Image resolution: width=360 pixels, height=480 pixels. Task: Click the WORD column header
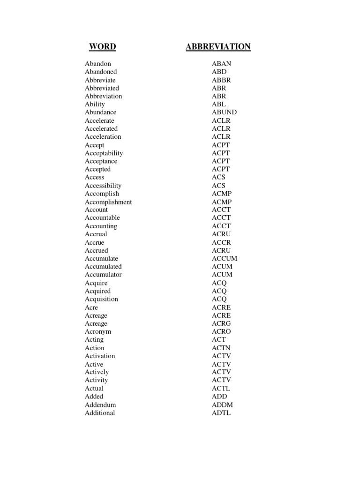point(102,46)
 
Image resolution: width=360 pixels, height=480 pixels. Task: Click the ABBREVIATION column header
point(218,46)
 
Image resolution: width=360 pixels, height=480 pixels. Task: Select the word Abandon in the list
point(98,64)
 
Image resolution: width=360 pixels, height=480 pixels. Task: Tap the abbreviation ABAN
point(221,64)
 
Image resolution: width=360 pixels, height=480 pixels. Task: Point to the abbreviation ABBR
point(221,80)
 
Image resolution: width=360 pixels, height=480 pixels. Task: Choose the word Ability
point(95,104)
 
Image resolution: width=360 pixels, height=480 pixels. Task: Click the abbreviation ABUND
point(224,112)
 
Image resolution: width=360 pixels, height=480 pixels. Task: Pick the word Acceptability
point(104,153)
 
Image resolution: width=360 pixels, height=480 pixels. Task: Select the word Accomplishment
point(108,202)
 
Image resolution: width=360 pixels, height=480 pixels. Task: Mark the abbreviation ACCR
point(221,242)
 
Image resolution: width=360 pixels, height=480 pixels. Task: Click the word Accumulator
point(103,275)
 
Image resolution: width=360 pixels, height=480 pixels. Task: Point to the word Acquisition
point(101,299)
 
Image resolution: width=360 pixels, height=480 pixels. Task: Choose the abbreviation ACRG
point(221,323)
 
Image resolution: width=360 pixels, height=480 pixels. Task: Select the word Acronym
point(98,331)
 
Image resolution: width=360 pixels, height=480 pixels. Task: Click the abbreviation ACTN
point(221,348)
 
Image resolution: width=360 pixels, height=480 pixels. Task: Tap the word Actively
point(97,372)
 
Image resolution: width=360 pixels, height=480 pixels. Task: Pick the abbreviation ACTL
point(221,388)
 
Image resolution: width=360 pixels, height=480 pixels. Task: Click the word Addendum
point(100,405)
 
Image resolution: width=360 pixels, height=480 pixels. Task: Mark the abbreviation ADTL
point(221,413)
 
